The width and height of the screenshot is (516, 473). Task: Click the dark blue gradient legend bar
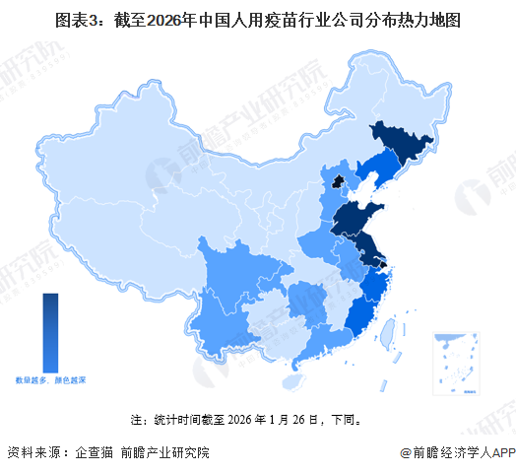50,330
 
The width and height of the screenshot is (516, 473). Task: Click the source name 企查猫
93,453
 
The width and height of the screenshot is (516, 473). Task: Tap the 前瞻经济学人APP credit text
458,453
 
